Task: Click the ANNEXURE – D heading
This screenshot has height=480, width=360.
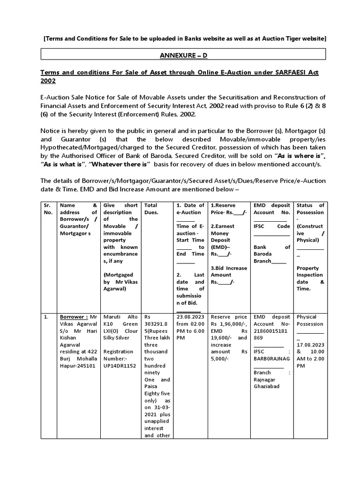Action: click(180, 55)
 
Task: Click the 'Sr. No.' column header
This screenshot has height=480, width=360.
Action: click(48, 209)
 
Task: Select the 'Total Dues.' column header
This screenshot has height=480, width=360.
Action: click(150, 209)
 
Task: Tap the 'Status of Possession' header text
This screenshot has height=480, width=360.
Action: click(310, 209)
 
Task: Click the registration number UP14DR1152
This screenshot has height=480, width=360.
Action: click(120, 365)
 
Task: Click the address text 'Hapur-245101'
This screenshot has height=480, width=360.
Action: click(77, 365)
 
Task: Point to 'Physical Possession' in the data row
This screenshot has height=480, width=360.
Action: click(310, 320)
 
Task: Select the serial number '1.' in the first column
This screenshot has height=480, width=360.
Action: click(46, 316)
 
